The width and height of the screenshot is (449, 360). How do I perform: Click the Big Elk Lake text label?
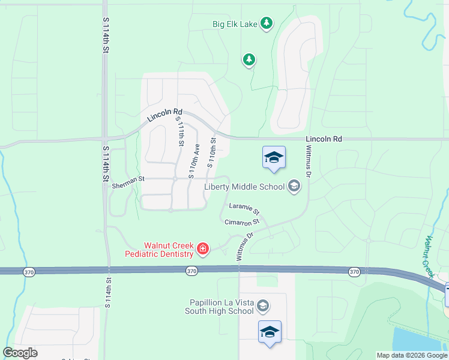pos(235,24)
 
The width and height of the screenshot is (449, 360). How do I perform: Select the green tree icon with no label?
pos(249,59)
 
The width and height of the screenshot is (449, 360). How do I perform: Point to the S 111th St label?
pos(179,131)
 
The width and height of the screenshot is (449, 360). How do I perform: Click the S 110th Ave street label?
pos(193,161)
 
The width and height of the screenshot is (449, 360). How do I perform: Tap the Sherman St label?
pos(128,179)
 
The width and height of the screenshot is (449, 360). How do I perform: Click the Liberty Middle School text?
pos(244,187)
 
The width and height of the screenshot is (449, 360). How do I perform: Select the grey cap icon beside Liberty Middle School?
pos(294,187)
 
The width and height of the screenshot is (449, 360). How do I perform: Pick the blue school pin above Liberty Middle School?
pos(274,158)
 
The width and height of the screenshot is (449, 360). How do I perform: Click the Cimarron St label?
pos(241,222)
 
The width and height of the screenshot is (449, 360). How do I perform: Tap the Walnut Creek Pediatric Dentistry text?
pos(159,250)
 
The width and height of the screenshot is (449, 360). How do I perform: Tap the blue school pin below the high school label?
pos(270,332)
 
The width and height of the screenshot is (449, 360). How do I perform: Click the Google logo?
pos(20,353)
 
